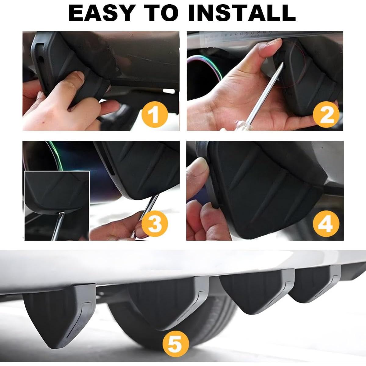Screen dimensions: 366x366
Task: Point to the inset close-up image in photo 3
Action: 57,206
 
